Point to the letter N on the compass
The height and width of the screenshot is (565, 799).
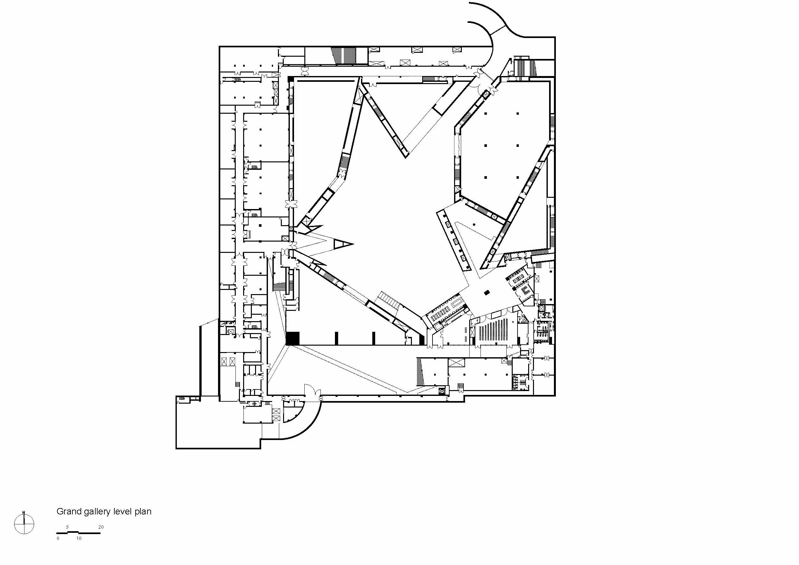(x=24, y=512)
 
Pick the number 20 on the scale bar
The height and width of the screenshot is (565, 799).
(x=101, y=527)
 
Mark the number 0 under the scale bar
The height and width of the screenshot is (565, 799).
(x=58, y=538)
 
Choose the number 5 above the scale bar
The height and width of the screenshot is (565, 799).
(x=68, y=527)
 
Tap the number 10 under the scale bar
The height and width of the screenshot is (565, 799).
(x=79, y=538)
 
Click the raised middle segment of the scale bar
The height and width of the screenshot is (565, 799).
(x=73, y=531)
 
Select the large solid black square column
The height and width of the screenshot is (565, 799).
(x=292, y=338)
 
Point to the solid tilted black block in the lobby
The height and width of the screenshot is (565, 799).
(x=487, y=292)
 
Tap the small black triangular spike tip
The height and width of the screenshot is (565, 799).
(x=344, y=244)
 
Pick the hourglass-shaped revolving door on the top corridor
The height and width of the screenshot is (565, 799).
(x=305, y=71)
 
